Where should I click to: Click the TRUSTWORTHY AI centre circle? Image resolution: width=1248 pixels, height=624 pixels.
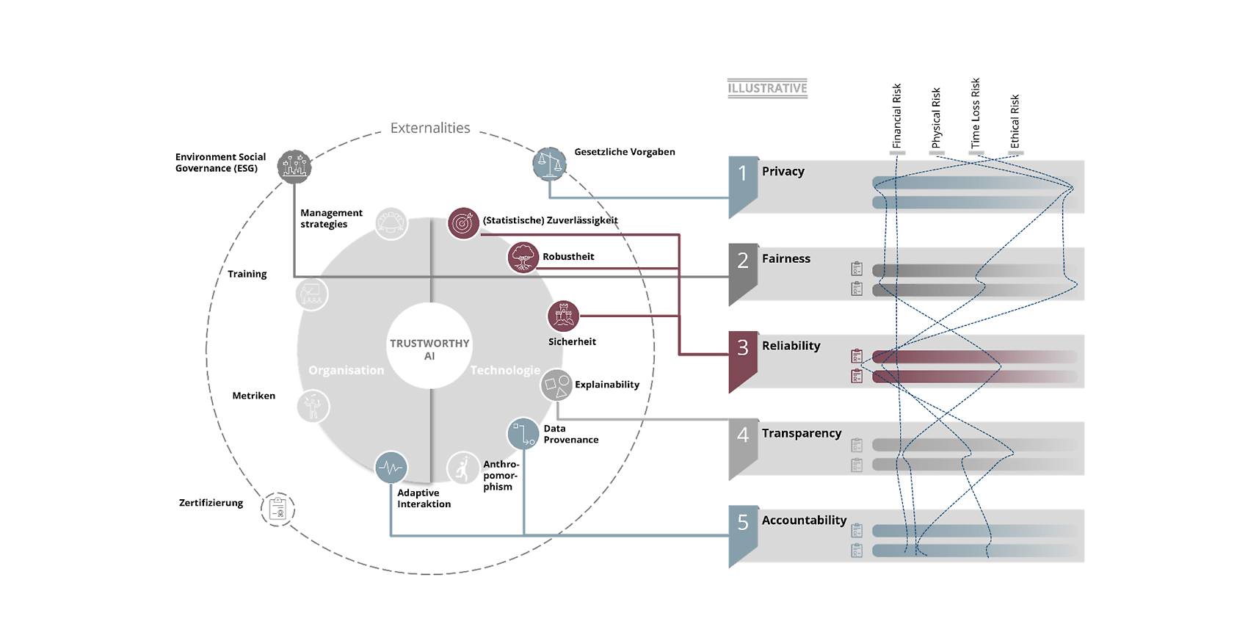(x=429, y=346)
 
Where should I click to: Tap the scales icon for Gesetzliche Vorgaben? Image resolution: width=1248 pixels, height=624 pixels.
(x=549, y=164)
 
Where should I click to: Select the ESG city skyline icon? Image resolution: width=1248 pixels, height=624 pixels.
(x=294, y=166)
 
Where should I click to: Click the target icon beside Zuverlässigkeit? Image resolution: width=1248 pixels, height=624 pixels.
(x=463, y=223)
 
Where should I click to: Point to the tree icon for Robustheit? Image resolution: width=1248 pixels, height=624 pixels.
(x=523, y=258)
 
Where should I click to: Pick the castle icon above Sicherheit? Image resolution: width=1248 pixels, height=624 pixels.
(x=563, y=316)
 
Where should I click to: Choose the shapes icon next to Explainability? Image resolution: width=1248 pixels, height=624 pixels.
(x=556, y=385)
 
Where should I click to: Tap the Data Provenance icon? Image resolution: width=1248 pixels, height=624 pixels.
(x=523, y=434)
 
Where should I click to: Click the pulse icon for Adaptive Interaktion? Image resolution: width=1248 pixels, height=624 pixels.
(x=391, y=467)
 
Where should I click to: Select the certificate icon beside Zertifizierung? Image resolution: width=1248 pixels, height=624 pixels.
(x=277, y=509)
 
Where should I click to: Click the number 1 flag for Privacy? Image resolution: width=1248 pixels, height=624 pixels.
(x=743, y=187)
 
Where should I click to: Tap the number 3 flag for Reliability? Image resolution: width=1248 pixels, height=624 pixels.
(x=743, y=362)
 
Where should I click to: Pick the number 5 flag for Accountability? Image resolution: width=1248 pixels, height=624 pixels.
(x=743, y=537)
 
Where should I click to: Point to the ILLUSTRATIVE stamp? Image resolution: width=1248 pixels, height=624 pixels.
(x=767, y=88)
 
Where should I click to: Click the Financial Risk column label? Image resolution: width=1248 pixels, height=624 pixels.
(x=896, y=116)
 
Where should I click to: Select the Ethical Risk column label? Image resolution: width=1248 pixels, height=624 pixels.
(x=1015, y=121)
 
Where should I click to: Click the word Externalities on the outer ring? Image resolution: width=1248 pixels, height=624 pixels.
(x=430, y=128)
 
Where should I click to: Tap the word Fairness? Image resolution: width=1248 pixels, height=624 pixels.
(x=786, y=258)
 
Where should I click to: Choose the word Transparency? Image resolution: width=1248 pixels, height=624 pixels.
(x=802, y=433)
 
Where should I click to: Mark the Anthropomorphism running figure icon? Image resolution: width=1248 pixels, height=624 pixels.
(x=463, y=468)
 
